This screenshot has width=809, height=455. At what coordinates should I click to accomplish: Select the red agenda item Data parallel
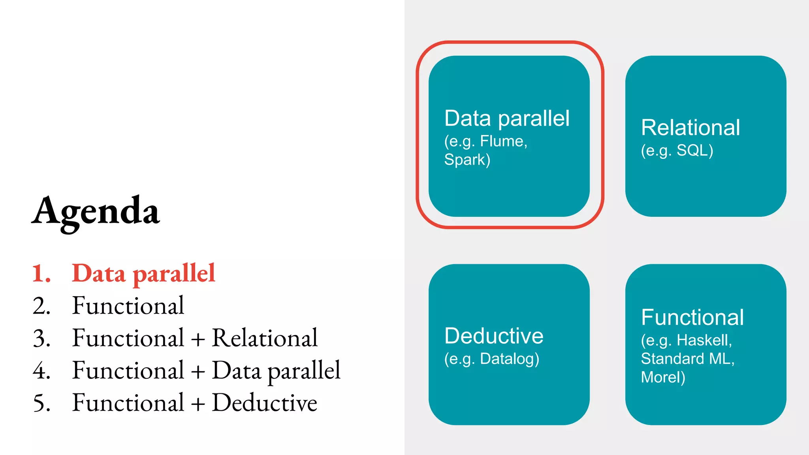coord(143,273)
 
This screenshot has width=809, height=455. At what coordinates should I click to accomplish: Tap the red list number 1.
coord(41,273)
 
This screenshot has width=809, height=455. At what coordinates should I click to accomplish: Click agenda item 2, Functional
coord(128,306)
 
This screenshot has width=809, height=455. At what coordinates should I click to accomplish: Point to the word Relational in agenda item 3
coord(265,338)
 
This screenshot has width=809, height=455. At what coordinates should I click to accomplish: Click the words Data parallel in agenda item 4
coord(276,370)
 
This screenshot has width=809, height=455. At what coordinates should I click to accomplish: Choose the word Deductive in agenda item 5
coord(265,403)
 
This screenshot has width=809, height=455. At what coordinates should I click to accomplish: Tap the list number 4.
coord(41,370)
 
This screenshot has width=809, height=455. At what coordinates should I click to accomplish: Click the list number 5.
coord(41,403)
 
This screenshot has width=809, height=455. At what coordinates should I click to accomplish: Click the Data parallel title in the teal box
coord(507,118)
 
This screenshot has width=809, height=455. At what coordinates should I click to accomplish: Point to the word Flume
coord(502,141)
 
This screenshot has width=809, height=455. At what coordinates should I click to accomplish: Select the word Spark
coord(465,160)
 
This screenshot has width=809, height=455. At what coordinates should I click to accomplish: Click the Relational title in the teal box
coord(690,128)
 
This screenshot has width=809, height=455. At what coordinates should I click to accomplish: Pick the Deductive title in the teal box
coord(494,336)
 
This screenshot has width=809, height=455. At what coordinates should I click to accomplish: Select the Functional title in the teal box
coord(692,317)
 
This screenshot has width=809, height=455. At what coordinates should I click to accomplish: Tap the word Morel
coord(660,377)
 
